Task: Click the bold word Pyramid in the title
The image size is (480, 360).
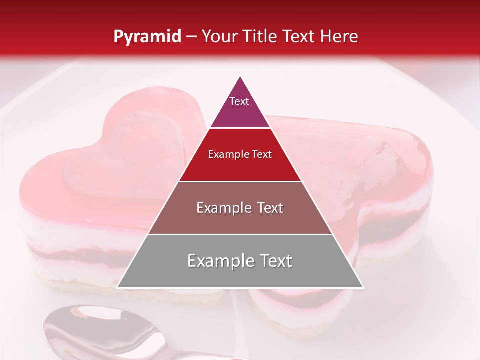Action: coord(147,37)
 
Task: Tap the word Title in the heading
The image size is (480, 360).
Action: coord(260,36)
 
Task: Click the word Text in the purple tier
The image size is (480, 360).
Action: coord(239,101)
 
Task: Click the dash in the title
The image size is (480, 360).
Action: coord(191,36)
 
